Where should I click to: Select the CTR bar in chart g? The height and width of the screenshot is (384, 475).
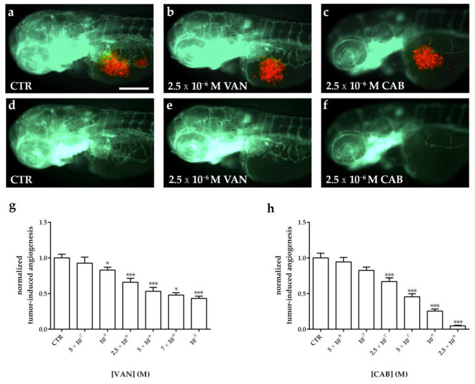tap(61, 293)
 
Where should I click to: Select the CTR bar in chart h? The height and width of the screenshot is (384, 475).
tap(304, 293)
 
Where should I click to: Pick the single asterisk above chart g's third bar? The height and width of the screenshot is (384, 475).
tap(109, 264)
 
